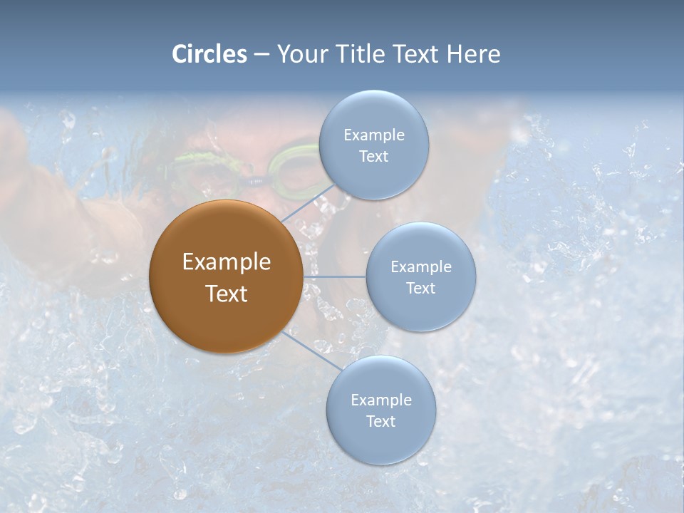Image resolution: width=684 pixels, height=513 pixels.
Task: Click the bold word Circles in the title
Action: point(209,54)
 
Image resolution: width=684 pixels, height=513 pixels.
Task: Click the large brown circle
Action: point(226,321)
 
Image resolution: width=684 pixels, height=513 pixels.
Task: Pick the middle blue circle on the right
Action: point(421,313)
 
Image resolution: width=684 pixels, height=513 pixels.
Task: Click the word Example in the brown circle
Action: point(226,262)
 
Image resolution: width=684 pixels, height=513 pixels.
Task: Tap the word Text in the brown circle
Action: point(226,294)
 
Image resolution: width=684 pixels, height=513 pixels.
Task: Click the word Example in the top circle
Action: point(373,135)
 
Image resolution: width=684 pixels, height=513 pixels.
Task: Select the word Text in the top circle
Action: point(373,157)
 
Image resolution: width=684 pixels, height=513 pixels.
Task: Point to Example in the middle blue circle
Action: point(421,267)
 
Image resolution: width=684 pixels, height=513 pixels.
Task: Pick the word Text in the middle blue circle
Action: point(421,289)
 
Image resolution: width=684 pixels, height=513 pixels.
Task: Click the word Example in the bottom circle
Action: point(380,400)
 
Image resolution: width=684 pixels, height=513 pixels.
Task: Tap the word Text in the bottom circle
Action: point(380,422)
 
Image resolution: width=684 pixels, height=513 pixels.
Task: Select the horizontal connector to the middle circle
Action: point(334,276)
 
